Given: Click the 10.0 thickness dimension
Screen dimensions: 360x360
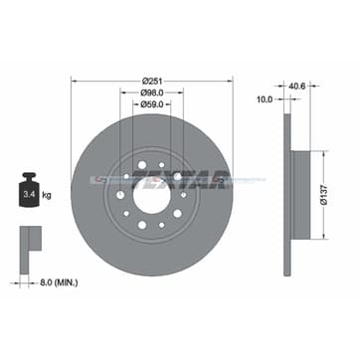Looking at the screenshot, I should point(264,100).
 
